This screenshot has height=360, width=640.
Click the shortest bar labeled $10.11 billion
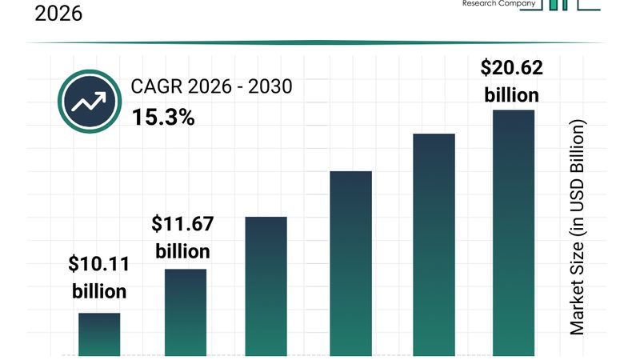(x=99, y=334)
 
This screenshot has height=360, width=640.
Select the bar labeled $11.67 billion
(x=186, y=312)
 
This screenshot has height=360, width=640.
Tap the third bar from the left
(x=266, y=286)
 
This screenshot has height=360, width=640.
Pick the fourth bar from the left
(x=350, y=264)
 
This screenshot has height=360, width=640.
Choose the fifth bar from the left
(x=434, y=245)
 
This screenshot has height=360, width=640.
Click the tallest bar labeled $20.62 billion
(x=513, y=233)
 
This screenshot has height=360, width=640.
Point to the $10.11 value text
(x=99, y=263)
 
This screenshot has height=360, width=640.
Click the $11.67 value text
(x=182, y=223)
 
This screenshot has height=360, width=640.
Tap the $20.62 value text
(x=511, y=69)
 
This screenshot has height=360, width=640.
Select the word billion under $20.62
(x=511, y=95)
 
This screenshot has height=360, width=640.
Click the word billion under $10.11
(x=99, y=290)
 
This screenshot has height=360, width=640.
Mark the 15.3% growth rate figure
(x=163, y=118)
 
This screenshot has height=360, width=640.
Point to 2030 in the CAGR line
(x=270, y=86)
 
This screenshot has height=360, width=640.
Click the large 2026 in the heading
(x=58, y=13)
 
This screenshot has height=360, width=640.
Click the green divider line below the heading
(x=320, y=42)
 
